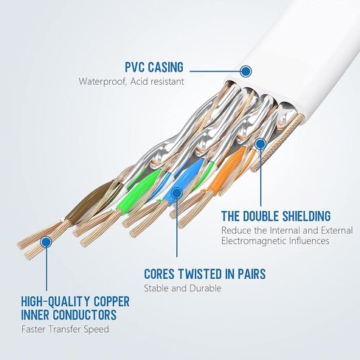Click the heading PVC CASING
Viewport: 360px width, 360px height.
click(154, 67)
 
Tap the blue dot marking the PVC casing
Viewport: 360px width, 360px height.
click(245, 72)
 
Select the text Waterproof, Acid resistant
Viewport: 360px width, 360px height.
click(131, 82)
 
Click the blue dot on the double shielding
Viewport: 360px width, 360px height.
click(260, 144)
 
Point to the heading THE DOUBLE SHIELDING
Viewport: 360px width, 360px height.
click(276, 216)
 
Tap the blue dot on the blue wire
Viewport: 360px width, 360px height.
click(176, 193)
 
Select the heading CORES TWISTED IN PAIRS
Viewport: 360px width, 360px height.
click(205, 274)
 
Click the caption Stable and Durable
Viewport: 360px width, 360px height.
click(182, 288)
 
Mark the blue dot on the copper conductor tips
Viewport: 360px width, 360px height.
click(46, 242)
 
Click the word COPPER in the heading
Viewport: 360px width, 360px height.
click(111, 302)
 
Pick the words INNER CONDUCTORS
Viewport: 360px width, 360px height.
click(69, 315)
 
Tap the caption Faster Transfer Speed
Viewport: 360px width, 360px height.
click(65, 329)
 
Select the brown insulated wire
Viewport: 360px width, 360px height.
click(90, 201)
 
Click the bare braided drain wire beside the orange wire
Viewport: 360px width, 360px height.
click(278, 142)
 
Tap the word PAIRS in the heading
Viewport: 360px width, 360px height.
click(252, 274)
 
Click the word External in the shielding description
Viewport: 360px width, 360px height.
click(337, 231)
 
